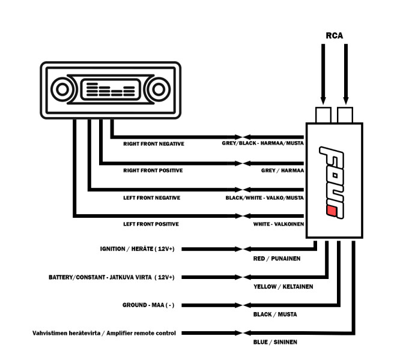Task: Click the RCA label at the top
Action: [x=335, y=35]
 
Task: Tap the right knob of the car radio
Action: [x=158, y=90]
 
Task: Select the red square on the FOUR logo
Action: [x=330, y=209]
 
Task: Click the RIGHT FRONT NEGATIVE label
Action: [x=153, y=144]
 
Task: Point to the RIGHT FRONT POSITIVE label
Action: [x=153, y=170]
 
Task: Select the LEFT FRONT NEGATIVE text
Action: [x=151, y=197]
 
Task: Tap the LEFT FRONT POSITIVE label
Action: [x=151, y=224]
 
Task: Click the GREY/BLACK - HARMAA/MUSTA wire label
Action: [x=262, y=144]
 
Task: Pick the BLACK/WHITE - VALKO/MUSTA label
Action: [x=264, y=197]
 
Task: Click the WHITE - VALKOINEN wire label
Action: [x=278, y=224]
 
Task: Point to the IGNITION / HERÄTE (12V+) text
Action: [x=138, y=248]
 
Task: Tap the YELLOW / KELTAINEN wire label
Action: [x=283, y=287]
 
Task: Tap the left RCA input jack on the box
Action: [x=323, y=114]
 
